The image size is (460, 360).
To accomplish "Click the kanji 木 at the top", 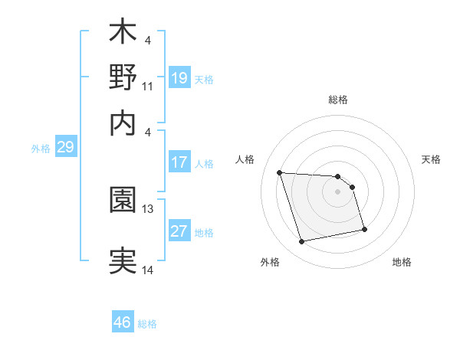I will [x=123, y=34].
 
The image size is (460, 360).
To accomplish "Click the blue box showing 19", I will [x=179, y=78].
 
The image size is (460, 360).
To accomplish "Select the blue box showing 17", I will [x=179, y=162].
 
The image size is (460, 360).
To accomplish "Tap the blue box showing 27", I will [x=179, y=231].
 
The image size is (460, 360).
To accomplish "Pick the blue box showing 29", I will [x=65, y=147].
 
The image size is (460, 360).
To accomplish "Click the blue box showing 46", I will [x=123, y=322].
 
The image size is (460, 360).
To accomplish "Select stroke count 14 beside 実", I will [x=148, y=270].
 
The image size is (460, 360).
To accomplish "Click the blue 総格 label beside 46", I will [x=147, y=324].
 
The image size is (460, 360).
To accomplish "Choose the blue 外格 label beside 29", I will [x=40, y=149].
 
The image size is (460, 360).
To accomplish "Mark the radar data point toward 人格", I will [x=280, y=172].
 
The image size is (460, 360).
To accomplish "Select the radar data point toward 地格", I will [x=364, y=229].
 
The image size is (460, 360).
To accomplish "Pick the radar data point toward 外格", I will [x=302, y=242].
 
